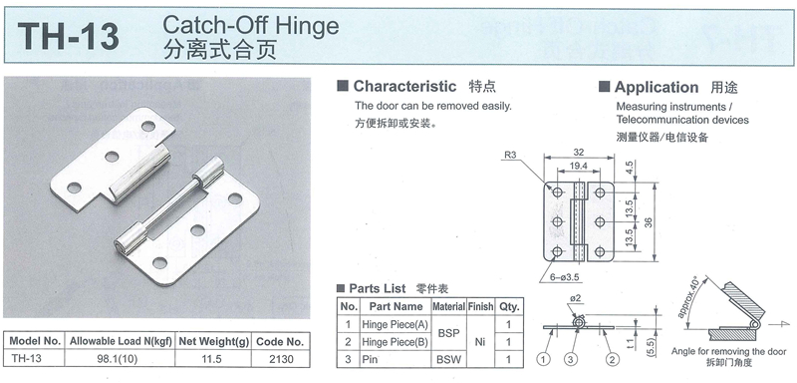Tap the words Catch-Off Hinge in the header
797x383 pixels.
251,25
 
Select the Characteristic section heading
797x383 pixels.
404,86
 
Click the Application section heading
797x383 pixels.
657,88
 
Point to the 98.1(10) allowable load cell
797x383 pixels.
119,359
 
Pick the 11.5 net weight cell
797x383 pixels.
211,359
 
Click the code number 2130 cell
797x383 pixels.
281,359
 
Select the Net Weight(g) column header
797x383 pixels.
213,341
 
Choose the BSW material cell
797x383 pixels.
449,360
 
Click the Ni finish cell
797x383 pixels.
480,342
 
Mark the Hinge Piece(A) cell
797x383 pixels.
395,324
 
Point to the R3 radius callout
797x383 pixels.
511,157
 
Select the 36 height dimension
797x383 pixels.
661,221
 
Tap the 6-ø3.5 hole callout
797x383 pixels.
564,276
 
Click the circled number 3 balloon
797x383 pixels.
571,360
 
